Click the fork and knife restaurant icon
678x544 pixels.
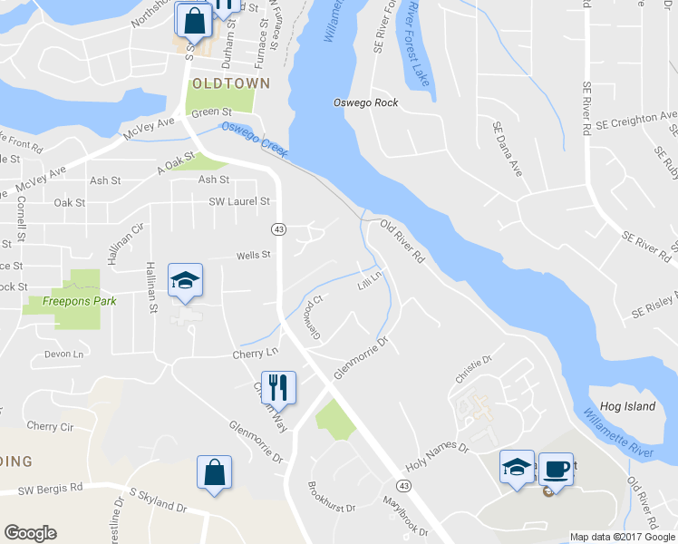(x=279, y=388)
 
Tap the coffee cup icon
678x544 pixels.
(x=556, y=468)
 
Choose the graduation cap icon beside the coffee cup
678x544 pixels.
(x=518, y=468)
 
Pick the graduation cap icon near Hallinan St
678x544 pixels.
(x=185, y=280)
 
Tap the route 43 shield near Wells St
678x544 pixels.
(x=279, y=229)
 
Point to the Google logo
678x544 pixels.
(x=30, y=533)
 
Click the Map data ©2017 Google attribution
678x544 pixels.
(x=621, y=537)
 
